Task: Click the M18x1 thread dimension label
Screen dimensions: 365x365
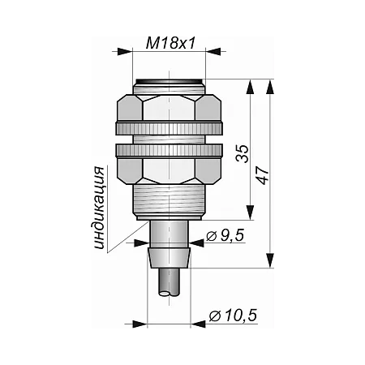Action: click(x=170, y=43)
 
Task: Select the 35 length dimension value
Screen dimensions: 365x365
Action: click(x=243, y=153)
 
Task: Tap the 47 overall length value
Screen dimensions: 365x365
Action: click(x=263, y=175)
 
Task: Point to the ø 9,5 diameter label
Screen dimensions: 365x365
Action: click(x=225, y=235)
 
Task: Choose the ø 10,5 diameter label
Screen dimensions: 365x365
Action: click(x=233, y=316)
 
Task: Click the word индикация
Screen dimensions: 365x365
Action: click(x=99, y=208)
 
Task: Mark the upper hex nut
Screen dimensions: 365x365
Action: click(x=170, y=107)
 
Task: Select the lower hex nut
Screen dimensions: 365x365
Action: click(x=170, y=171)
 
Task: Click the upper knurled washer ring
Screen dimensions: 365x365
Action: click(x=170, y=128)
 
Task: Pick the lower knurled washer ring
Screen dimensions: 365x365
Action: click(x=170, y=150)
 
